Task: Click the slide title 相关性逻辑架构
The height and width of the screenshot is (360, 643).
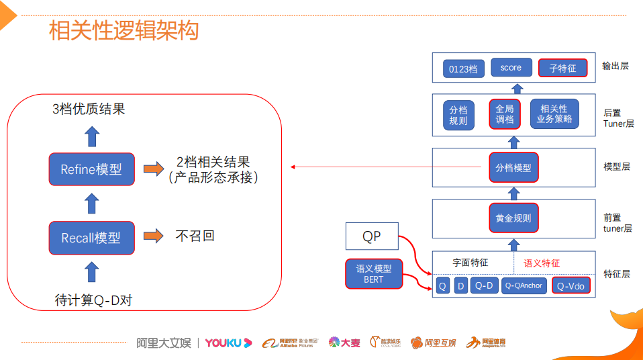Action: pos(124,31)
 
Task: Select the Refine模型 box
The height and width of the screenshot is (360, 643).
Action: pos(91,169)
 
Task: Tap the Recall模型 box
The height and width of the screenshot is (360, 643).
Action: pos(91,237)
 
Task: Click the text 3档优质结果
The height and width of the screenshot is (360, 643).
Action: pos(89,109)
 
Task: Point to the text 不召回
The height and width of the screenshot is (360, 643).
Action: pos(195,236)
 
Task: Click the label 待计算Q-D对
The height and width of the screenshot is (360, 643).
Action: pos(93,300)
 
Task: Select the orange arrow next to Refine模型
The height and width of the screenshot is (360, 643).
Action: pos(154,169)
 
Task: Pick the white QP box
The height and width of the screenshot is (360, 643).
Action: pos(371,236)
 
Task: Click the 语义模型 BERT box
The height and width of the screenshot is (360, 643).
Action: pos(373,274)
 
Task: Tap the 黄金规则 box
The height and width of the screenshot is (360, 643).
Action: pos(513,218)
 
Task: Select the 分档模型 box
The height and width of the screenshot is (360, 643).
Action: pos(513,168)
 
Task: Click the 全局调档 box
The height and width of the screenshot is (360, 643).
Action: pos(505,114)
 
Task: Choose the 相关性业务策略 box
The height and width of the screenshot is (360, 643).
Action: pos(554,114)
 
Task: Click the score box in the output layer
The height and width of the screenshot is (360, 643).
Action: pos(511,68)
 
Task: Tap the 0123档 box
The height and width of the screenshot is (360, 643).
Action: pos(463,69)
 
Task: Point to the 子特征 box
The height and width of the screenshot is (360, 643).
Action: pos(562,68)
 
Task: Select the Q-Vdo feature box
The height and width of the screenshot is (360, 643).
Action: pos(571,285)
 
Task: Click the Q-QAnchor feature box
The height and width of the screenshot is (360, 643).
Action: pos(524,285)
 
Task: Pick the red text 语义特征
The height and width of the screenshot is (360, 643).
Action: pos(542,263)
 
